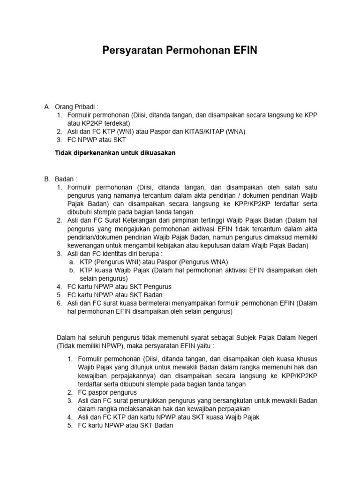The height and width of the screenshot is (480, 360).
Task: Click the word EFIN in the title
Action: [241, 51]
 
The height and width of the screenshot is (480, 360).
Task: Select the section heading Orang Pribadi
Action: [76, 107]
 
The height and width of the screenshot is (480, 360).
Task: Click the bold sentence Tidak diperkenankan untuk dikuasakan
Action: [115, 153]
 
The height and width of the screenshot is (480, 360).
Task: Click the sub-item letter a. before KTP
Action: [72, 262]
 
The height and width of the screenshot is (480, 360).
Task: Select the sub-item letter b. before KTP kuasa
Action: [72, 270]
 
